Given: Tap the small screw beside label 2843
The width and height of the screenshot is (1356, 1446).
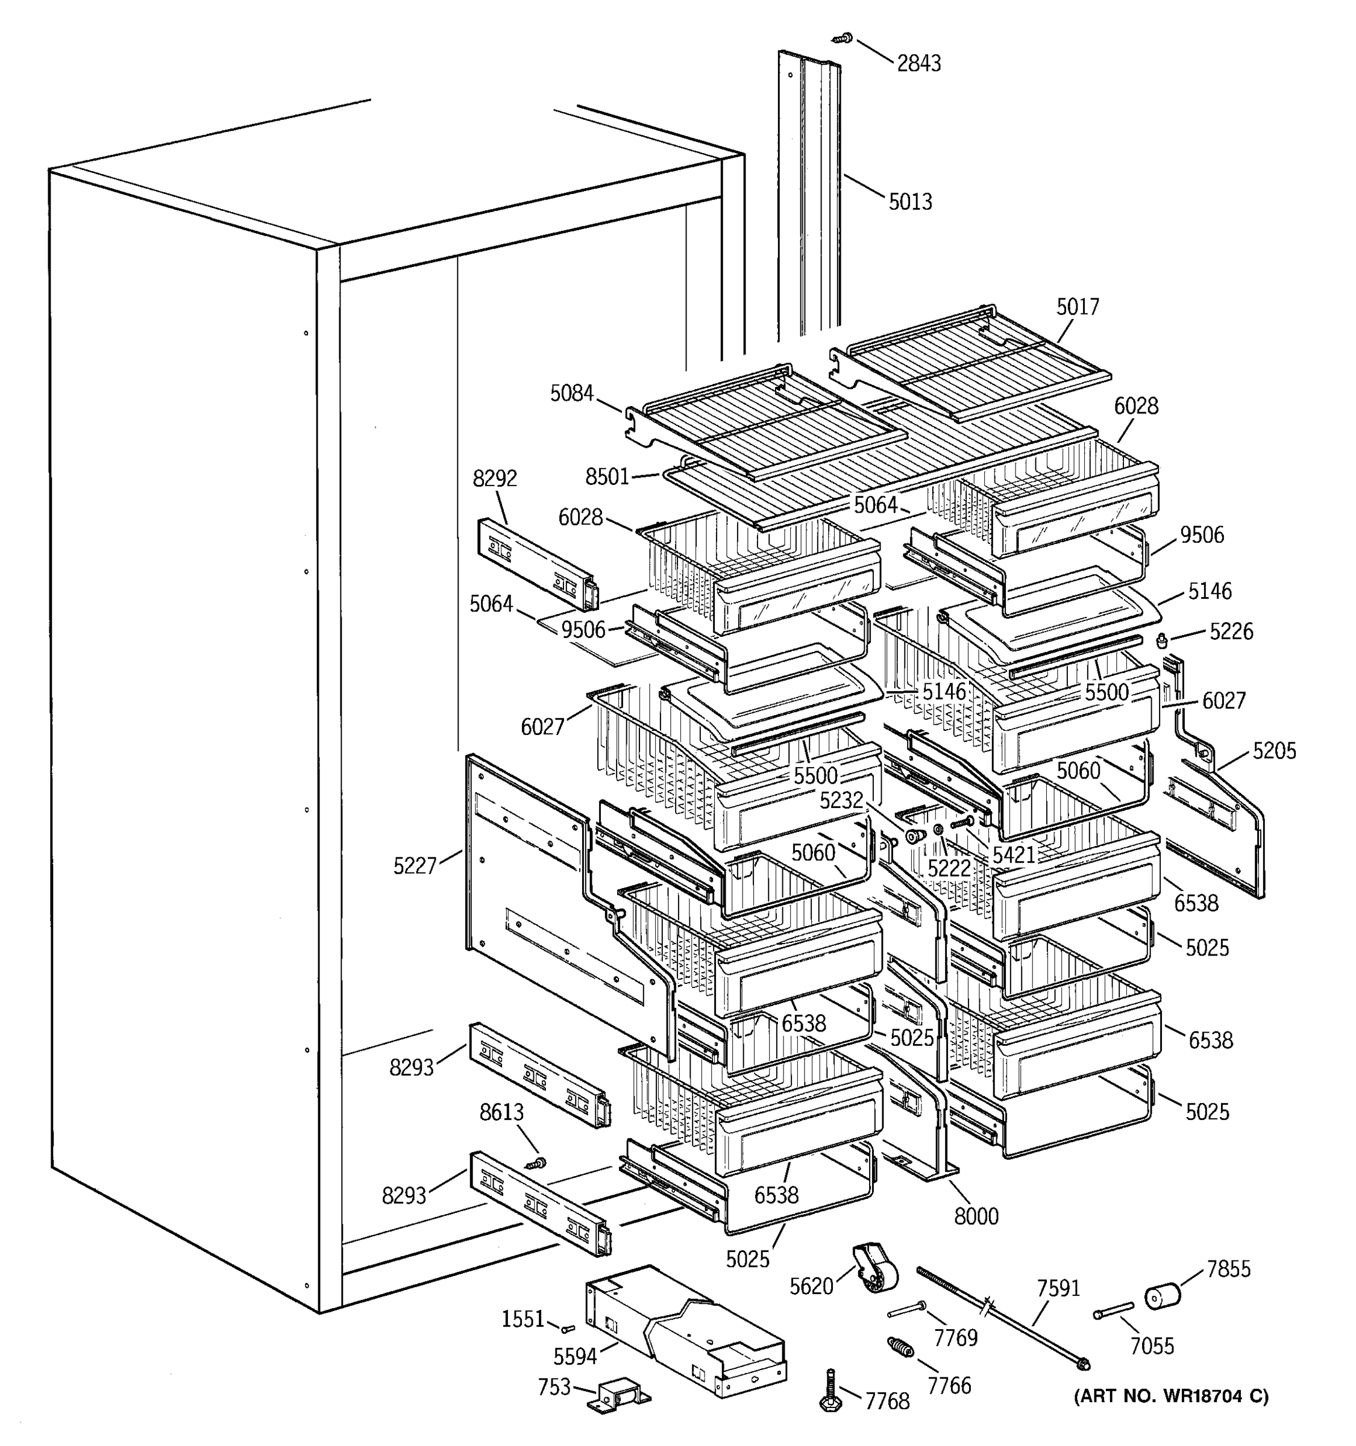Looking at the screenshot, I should [x=843, y=36].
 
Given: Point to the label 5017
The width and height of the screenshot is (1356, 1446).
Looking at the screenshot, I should [x=1078, y=307].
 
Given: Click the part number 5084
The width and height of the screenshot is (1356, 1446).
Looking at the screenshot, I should [x=572, y=393].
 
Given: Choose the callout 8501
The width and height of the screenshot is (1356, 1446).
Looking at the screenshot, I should [x=607, y=477].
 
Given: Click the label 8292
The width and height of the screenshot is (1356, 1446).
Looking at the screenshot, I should [x=495, y=478].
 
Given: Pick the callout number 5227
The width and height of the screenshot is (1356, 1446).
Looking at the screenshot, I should [x=415, y=866].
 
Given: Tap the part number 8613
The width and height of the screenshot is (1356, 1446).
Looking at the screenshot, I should [x=501, y=1112].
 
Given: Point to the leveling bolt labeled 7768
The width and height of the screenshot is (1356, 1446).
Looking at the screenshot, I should [x=830, y=1391].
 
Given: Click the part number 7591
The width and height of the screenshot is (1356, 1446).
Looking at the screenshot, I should [x=1058, y=1288].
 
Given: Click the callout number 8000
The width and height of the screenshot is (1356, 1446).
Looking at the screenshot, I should [x=976, y=1216].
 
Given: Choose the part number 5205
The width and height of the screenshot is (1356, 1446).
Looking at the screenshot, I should [x=1274, y=751].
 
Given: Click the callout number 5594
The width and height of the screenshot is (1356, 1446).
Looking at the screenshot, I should [x=575, y=1356].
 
